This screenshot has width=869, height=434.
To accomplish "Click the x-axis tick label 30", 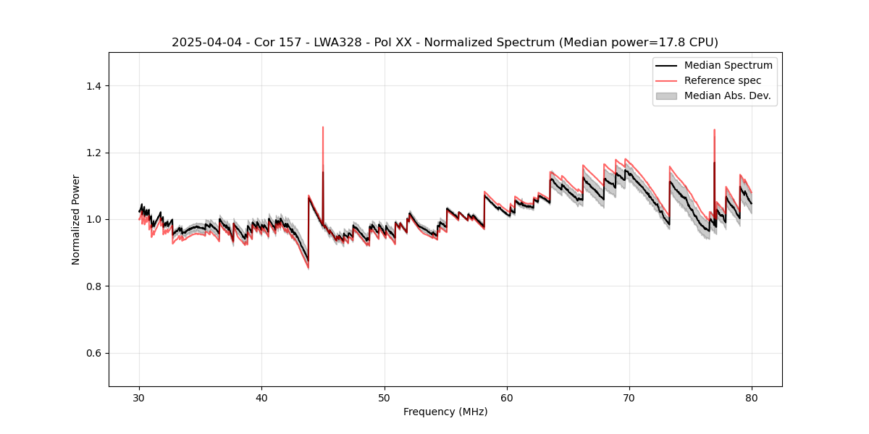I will [140, 398].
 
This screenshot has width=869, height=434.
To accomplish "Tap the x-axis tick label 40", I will [262, 398].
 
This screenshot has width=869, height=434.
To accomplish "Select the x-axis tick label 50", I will [385, 398].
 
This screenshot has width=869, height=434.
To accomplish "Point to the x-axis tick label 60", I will [507, 398].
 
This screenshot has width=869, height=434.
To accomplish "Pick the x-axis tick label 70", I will [629, 398].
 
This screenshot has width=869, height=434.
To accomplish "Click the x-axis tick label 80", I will [752, 398].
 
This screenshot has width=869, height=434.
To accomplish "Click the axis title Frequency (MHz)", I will [445, 412].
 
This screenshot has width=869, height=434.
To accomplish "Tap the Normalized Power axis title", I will [75, 219].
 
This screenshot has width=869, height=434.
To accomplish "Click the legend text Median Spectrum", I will [728, 65].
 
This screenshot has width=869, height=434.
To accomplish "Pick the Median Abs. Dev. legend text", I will [727, 95].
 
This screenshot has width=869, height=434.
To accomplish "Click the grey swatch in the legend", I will [666, 95].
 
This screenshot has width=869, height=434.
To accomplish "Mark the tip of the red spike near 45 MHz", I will [323, 127].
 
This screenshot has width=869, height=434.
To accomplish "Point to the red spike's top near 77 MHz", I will [714, 129].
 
